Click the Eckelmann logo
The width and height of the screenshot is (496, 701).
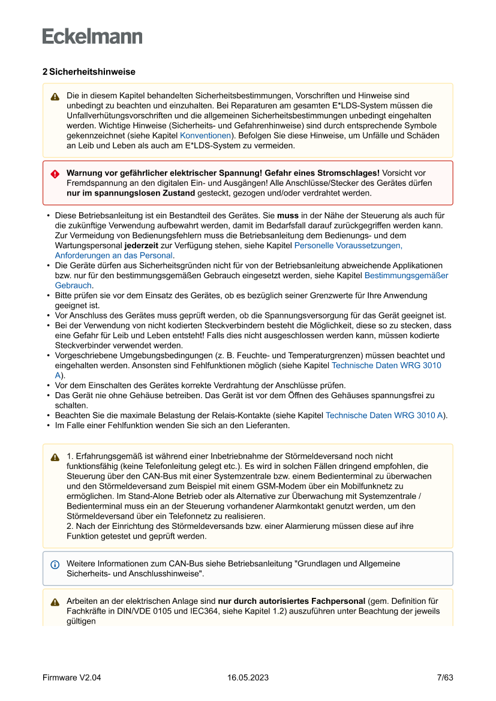[92, 36]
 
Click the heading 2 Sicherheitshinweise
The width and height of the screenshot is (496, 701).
[89, 71]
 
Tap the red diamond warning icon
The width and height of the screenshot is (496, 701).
[55, 173]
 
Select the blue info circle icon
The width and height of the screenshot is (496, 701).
[55, 564]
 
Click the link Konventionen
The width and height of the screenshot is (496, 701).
[205, 136]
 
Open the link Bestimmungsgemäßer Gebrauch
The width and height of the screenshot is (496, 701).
[406, 275]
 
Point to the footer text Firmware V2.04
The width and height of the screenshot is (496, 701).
[71, 678]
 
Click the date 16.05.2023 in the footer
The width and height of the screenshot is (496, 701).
[248, 678]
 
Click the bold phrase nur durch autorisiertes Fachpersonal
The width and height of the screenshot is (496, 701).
[291, 601]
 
